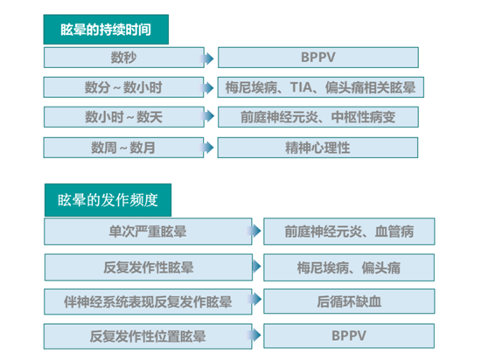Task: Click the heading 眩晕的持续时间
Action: [x=106, y=30]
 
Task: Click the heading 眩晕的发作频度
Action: [x=108, y=200]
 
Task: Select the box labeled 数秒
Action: [x=124, y=58]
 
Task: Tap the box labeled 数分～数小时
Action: [x=123, y=87]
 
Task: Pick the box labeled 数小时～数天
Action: [x=124, y=117]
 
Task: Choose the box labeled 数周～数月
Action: [x=123, y=148]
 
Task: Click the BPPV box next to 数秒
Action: [x=318, y=58]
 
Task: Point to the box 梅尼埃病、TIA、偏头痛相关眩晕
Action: [x=321, y=87]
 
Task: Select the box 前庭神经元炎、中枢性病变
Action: [x=318, y=117]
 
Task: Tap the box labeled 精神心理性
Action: [x=317, y=148]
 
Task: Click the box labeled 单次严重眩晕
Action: [x=148, y=232]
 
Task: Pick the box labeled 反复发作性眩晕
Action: [x=149, y=267]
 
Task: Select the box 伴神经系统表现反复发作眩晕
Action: [x=148, y=301]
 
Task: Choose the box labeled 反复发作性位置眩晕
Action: [x=148, y=336]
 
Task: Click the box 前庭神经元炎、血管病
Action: [x=349, y=232]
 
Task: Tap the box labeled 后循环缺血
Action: [x=349, y=301]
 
